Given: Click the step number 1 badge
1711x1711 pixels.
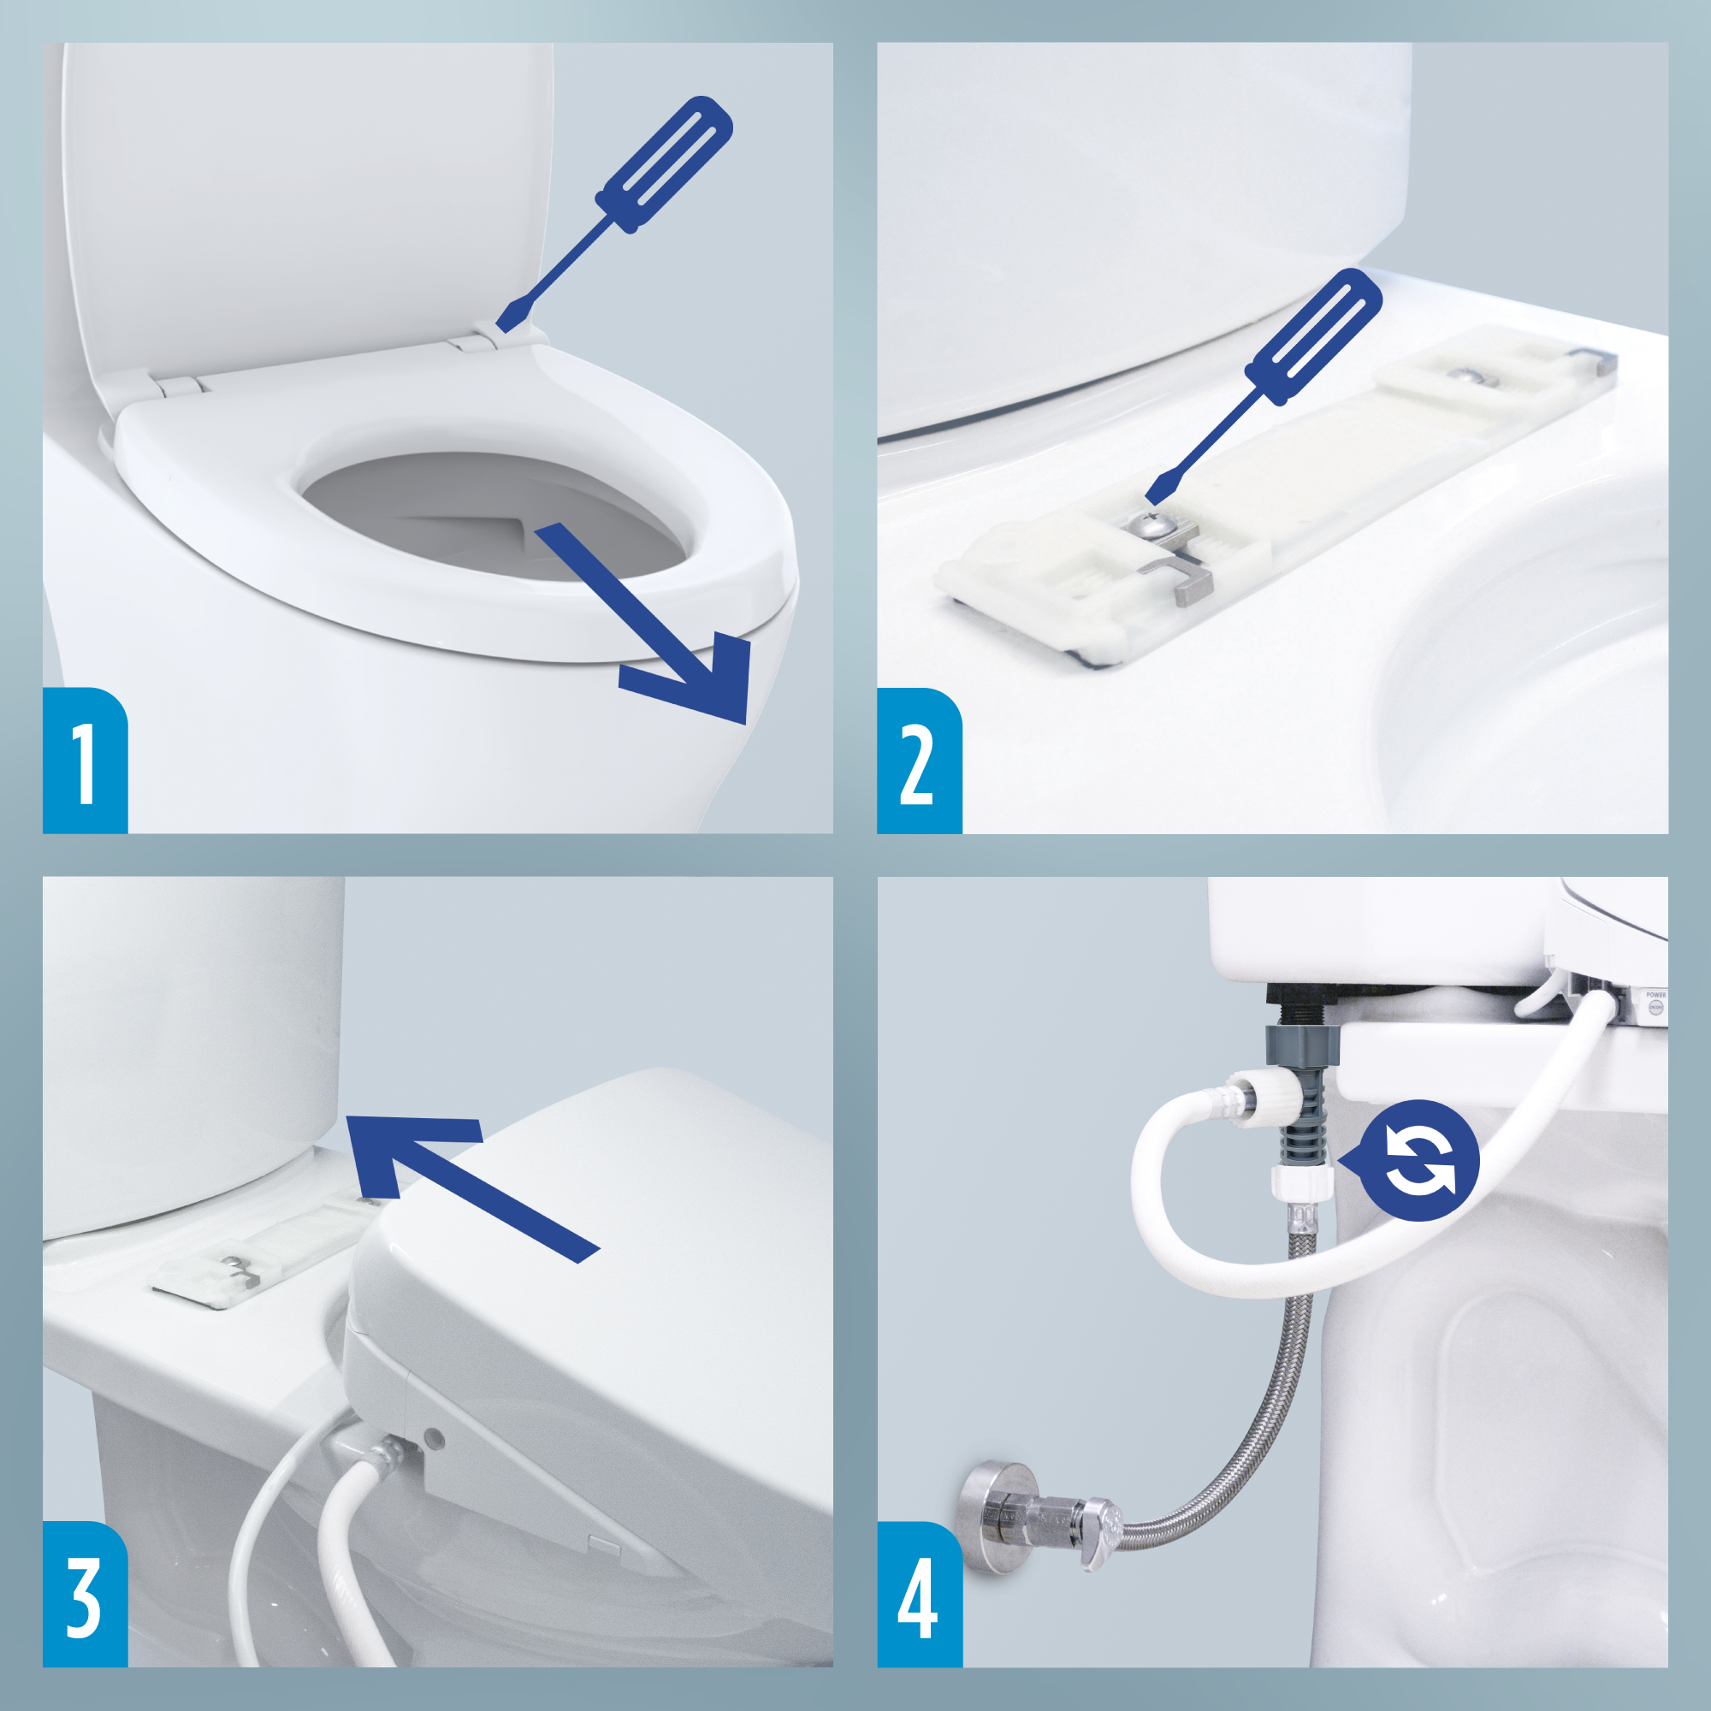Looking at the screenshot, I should click(85, 761).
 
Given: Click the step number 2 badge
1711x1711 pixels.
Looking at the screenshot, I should click(918, 761).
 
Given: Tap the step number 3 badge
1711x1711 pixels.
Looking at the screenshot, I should click(85, 1595).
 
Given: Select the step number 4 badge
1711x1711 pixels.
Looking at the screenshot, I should click(918, 1595).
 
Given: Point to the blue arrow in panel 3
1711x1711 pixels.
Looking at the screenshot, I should click(460, 1178).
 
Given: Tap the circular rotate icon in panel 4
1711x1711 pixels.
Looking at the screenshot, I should click(1419, 1160).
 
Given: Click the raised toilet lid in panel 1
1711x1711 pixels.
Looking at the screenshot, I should click(301, 204).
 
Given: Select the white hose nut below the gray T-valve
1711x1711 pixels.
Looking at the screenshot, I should click(1302, 1182).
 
